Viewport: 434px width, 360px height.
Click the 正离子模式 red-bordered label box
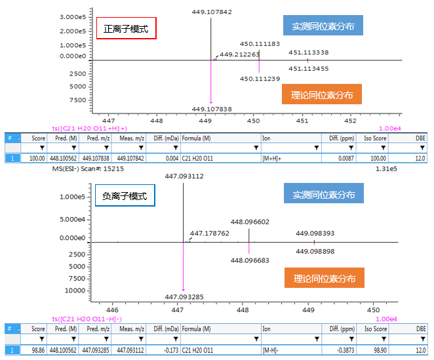click(x=127, y=29)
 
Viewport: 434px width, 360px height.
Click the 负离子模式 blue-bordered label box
click(x=125, y=195)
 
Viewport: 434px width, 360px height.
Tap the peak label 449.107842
click(x=212, y=12)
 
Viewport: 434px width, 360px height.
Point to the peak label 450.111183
click(x=260, y=43)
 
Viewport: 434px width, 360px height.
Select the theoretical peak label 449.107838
click(x=211, y=109)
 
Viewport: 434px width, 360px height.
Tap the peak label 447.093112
click(x=184, y=176)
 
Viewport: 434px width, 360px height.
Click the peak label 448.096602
click(x=250, y=222)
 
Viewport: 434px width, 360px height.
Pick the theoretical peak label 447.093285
click(x=184, y=296)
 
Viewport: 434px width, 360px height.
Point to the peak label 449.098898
click(x=315, y=251)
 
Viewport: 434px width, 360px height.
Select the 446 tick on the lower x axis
click(x=112, y=309)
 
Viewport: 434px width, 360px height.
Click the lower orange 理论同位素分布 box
click(x=325, y=278)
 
